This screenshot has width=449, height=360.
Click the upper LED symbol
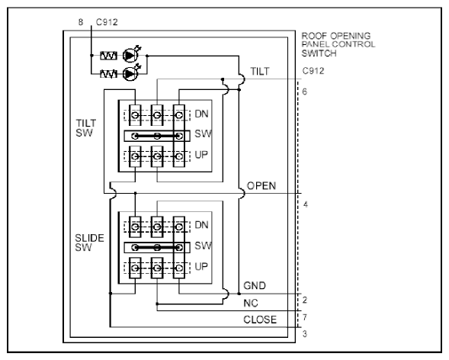point(130,55)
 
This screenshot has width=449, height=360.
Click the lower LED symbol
point(130,74)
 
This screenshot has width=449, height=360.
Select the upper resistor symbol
point(108,56)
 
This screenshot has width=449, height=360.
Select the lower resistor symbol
point(108,74)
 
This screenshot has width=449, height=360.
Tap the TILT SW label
point(85,128)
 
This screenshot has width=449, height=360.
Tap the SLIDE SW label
point(89,243)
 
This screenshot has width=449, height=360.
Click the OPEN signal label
point(261,186)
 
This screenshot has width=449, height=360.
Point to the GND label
point(255,285)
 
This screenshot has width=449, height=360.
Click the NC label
point(251,303)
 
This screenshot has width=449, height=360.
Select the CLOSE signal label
point(260,320)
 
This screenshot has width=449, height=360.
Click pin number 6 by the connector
point(304,92)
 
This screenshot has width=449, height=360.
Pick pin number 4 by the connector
point(306,204)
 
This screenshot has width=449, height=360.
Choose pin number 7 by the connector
point(305,317)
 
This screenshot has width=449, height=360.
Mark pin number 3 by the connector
point(305,334)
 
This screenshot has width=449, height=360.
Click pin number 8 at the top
point(81,22)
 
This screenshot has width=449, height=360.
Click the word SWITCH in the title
point(319,53)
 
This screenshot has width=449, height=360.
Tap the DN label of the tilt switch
point(201,114)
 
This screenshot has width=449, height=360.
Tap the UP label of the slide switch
point(201,267)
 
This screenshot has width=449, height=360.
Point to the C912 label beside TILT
point(313,71)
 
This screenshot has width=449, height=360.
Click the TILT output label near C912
point(260,71)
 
